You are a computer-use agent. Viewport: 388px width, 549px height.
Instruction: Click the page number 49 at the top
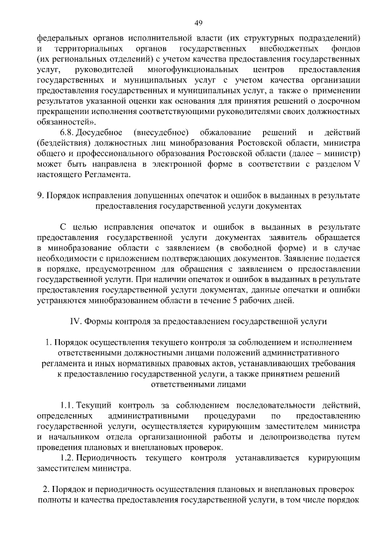tap(198, 22)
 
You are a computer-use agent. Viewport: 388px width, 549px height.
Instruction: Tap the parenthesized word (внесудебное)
tap(159, 132)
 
